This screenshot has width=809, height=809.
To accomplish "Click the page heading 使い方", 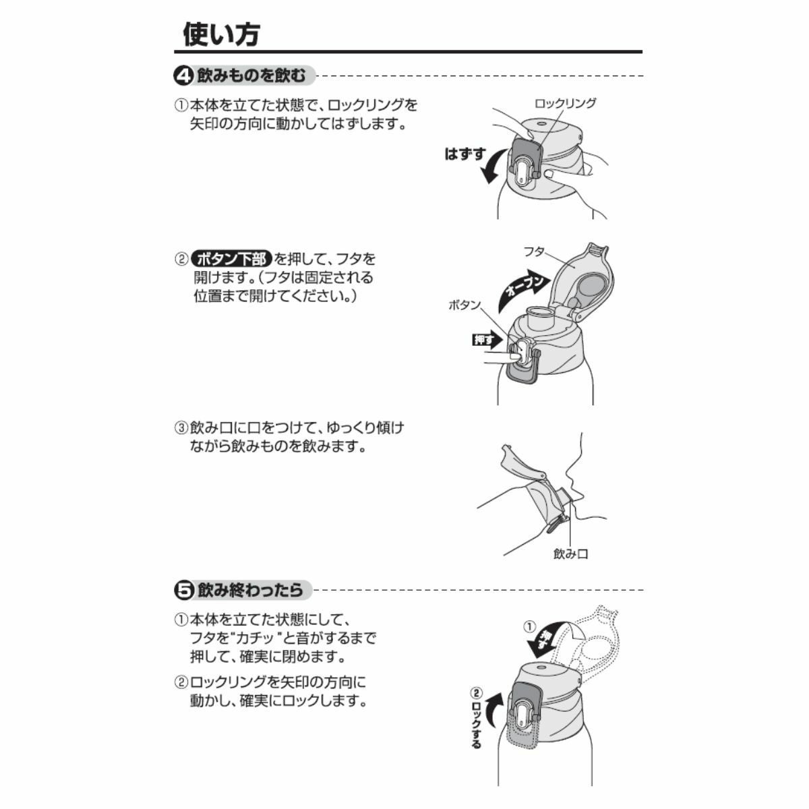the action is click(x=221, y=34).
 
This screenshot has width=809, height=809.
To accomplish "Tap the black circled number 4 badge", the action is click(x=183, y=76).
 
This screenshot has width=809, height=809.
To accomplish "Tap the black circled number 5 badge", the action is click(x=183, y=590).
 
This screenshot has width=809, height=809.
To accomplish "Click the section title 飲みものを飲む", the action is click(x=251, y=76).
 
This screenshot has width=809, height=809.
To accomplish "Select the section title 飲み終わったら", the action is click(x=250, y=590).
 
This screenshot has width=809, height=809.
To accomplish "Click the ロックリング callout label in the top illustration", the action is click(x=565, y=103).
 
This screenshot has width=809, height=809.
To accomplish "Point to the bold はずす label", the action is click(x=465, y=154).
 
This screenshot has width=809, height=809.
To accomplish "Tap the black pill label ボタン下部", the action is click(x=231, y=259).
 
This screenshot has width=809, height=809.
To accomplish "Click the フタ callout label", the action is click(x=534, y=252).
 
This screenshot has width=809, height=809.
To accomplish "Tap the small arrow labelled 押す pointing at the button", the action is click(x=487, y=340).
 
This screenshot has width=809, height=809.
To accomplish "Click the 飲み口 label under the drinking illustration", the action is click(x=570, y=554).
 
